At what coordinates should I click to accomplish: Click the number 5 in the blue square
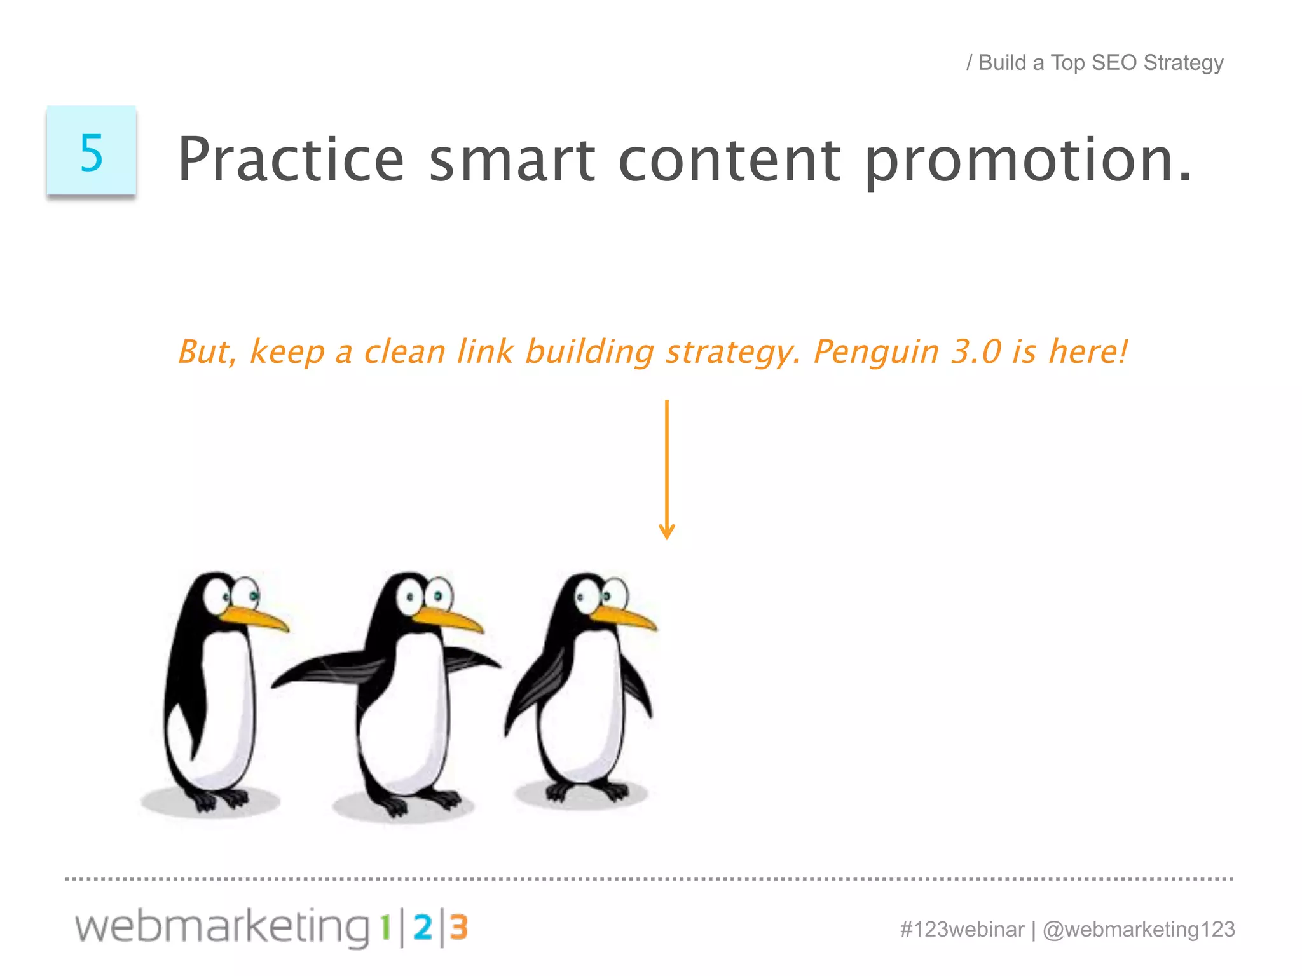click(92, 152)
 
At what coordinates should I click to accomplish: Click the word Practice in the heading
click(291, 159)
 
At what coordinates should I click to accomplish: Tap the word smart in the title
click(512, 159)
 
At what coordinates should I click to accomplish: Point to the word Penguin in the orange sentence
click(876, 352)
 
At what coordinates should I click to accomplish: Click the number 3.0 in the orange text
click(976, 351)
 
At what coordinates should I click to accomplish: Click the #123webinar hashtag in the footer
click(962, 930)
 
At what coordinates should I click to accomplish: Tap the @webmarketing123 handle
click(1139, 930)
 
